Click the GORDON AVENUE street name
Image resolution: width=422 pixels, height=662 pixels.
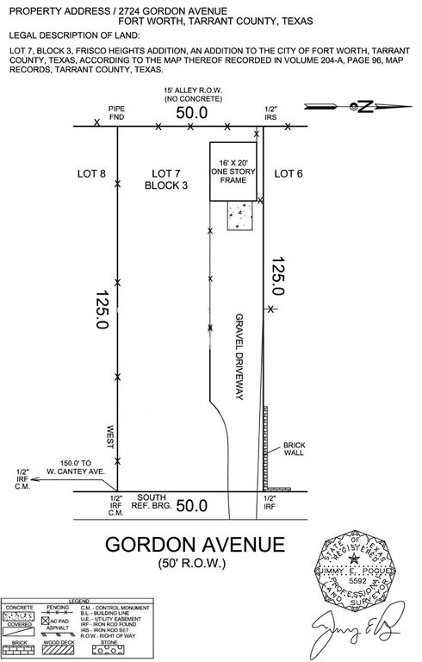coord(194,545)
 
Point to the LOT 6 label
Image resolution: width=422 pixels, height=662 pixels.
coord(289,174)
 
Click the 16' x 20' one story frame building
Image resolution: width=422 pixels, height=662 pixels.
coord(233,172)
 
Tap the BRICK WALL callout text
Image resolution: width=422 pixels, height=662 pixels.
coord(295,450)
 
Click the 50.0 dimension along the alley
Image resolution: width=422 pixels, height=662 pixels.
coord(192,113)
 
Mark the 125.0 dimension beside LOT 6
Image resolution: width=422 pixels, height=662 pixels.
coord(277,276)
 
